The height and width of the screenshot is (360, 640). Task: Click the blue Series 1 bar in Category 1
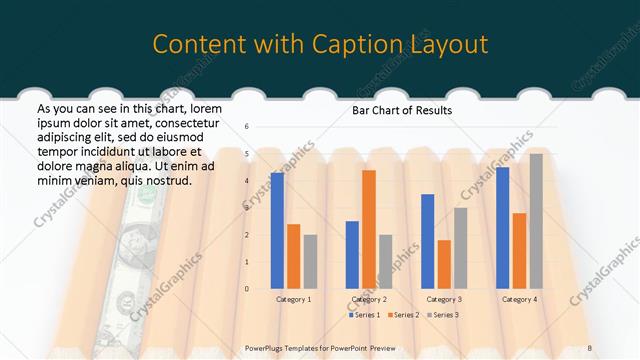click(277, 231)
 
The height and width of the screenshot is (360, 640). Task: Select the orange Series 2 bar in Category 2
click(369, 229)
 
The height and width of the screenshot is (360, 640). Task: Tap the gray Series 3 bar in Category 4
click(536, 221)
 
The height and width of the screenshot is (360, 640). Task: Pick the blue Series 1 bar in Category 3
click(428, 241)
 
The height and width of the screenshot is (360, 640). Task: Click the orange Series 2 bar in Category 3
click(444, 264)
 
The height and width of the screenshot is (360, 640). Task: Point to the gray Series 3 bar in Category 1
click(310, 261)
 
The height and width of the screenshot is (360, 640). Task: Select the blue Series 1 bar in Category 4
click(503, 228)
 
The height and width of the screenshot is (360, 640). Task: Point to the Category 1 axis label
click(293, 299)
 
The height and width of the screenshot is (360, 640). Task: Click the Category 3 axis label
click(444, 299)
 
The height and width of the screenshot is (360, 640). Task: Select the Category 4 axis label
click(519, 299)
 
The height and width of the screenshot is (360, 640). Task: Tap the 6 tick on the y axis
click(247, 127)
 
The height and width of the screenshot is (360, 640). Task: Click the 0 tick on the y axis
click(247, 289)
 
